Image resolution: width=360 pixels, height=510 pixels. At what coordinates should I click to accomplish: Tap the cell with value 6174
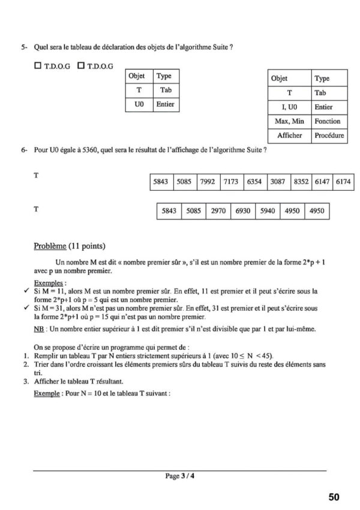343,181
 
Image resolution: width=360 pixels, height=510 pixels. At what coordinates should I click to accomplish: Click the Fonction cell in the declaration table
328,122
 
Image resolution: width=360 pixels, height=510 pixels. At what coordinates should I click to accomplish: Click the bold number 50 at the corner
334,497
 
